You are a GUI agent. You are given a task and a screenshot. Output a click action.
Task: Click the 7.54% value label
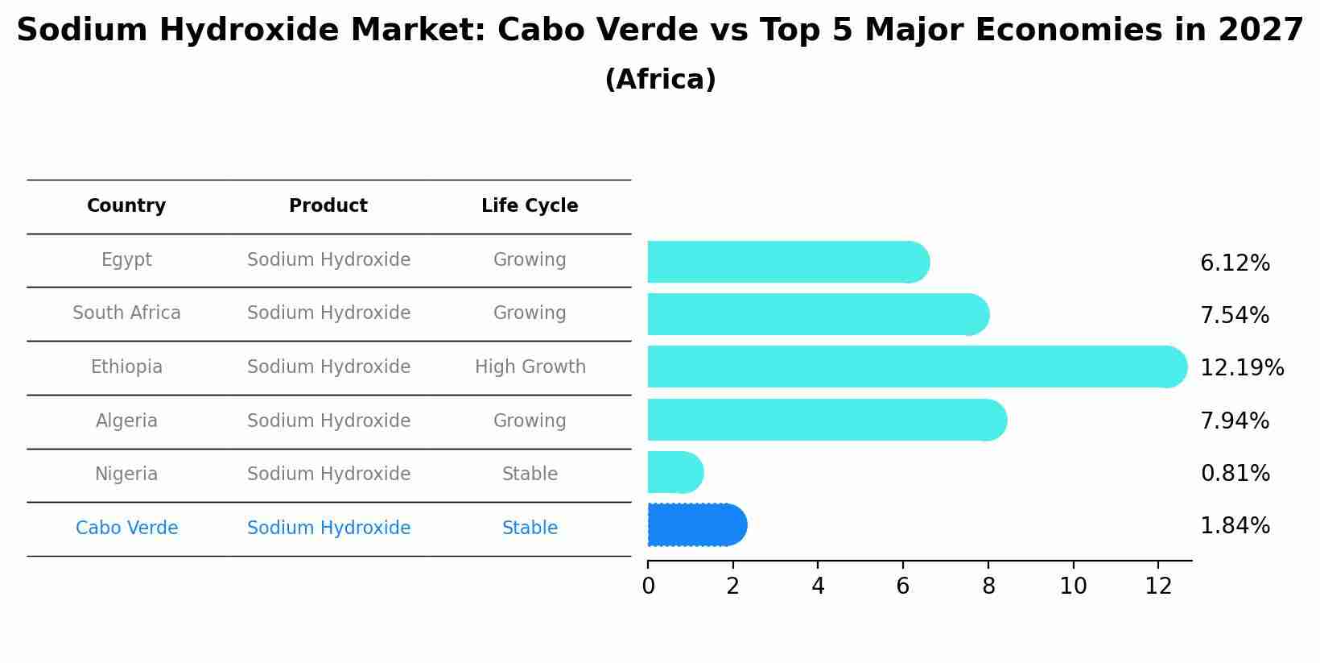coord(1235,316)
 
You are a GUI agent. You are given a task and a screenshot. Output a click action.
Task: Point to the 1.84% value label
coord(1235,526)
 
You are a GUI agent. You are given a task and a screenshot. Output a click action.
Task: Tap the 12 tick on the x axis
coord(1158,586)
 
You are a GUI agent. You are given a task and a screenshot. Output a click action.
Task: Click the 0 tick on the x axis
coord(648,586)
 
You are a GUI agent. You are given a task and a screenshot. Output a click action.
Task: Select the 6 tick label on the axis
coord(903,586)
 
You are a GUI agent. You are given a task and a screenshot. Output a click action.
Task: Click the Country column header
coord(126,206)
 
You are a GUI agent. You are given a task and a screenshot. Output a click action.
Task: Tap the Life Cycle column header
coord(530,206)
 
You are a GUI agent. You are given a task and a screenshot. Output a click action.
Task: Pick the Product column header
coord(328,206)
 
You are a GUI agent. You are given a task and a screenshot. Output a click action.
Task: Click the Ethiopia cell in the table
coord(126,367)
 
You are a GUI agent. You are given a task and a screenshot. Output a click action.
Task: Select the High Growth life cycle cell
coord(530,367)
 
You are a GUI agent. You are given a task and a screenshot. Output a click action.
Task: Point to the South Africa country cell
coord(126,313)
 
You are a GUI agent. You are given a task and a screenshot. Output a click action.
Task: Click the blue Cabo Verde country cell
coord(126,528)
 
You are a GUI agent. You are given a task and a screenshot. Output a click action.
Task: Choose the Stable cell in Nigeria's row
coord(530,474)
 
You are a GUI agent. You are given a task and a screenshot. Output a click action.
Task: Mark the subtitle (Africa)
coord(660,80)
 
